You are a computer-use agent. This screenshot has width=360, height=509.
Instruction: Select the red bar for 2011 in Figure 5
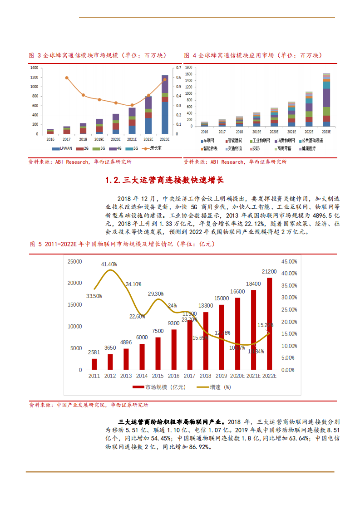[94, 364]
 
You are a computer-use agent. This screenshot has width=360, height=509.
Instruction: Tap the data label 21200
[269, 271]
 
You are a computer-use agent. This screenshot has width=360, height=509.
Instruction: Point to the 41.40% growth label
[109, 264]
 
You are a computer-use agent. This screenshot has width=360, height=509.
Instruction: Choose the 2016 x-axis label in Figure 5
[174, 376]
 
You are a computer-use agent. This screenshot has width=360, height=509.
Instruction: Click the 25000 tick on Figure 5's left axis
[74, 262]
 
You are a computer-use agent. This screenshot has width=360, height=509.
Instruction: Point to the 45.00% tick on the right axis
[289, 262]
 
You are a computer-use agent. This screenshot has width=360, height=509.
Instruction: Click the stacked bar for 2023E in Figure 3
[165, 105]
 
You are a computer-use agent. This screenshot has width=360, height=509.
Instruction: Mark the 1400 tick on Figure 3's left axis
[35, 68]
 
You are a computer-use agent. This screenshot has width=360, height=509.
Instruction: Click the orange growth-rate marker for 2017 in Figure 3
[67, 78]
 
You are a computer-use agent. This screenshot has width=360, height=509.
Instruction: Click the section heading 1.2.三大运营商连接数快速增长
[164, 180]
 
